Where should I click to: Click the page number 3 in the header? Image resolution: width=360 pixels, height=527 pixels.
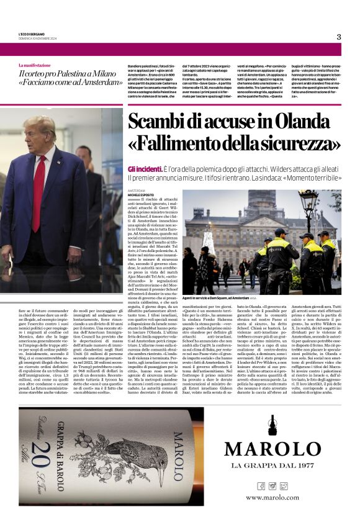(x=338, y=37)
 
